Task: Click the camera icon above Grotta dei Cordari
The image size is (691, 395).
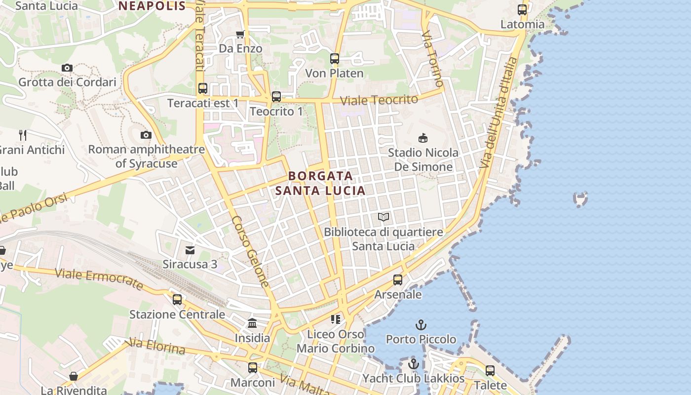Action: tap(67, 68)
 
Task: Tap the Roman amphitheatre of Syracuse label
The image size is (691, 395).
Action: tap(146, 156)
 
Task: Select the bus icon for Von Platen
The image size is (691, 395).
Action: tap(335, 59)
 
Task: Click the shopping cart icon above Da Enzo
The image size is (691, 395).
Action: tap(240, 34)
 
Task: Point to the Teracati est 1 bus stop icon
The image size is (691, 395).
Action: tap(203, 88)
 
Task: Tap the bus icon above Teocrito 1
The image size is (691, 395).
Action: tap(276, 97)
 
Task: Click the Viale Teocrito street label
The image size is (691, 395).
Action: tap(380, 99)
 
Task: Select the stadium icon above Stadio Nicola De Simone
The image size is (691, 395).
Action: tap(423, 138)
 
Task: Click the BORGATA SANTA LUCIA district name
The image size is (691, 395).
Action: tap(320, 183)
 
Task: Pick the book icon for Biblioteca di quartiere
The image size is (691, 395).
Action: tap(384, 217)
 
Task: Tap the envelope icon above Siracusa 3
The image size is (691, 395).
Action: tap(190, 249)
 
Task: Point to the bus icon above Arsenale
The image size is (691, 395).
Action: tap(398, 280)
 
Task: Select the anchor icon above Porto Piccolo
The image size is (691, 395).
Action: tap(421, 325)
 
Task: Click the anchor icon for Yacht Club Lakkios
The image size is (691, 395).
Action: tap(414, 364)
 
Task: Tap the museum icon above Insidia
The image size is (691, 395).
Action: tap(252, 323)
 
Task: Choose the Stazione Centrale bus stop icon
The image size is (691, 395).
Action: tap(177, 300)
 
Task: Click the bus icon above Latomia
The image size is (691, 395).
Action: tap(522, 10)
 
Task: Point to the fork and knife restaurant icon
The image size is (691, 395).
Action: tap(23, 135)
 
